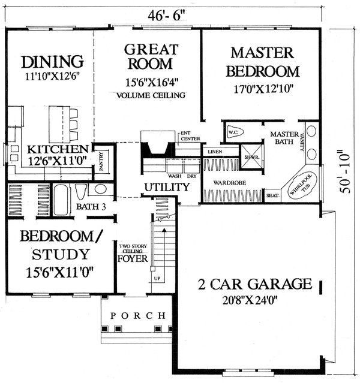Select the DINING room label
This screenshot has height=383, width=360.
pyautogui.click(x=52, y=62)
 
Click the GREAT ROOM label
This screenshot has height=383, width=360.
pyautogui.click(x=151, y=56)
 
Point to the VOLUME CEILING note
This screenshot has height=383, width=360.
pyautogui.click(x=151, y=95)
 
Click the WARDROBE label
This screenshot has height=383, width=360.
pyautogui.click(x=232, y=182)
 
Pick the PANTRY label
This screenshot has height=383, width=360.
pyautogui.click(x=102, y=164)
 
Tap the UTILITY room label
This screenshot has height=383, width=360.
pyautogui.click(x=167, y=188)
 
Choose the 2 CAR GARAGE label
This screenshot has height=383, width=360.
pyautogui.click(x=255, y=284)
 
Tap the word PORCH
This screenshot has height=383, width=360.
pyautogui.click(x=138, y=315)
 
